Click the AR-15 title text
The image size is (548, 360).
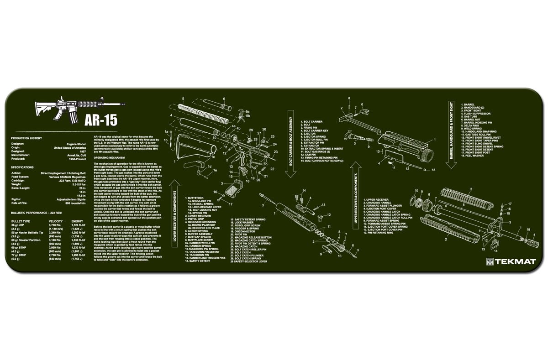(x=100, y=120)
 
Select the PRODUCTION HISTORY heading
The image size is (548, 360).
(x=26, y=138)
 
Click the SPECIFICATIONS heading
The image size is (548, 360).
(x=22, y=167)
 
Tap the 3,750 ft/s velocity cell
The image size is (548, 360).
(x=55, y=225)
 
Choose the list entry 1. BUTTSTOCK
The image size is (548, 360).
(x=194, y=197)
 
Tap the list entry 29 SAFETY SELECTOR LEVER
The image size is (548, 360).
(x=249, y=262)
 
